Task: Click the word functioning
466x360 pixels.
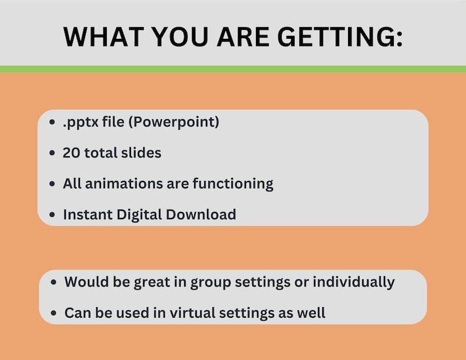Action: (233, 183)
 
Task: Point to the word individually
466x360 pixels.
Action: (353, 281)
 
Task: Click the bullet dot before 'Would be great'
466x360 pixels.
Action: (55, 282)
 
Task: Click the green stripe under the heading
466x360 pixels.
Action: (233, 69)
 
